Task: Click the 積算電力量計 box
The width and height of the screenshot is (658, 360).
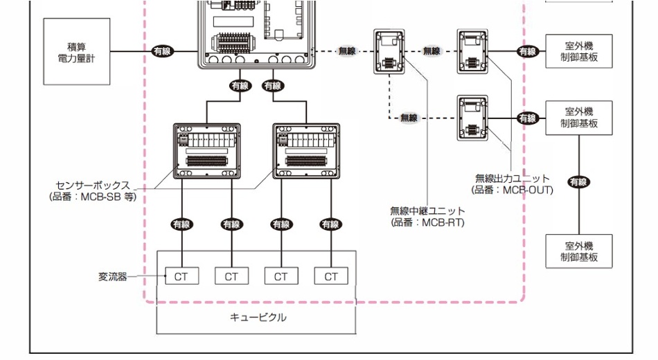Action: (77, 51)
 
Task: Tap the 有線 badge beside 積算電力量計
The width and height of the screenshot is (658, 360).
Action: (163, 51)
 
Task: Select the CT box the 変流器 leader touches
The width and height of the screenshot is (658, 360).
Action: (181, 276)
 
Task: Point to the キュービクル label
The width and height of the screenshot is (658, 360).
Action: (257, 318)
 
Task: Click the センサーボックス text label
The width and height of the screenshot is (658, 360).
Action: (93, 186)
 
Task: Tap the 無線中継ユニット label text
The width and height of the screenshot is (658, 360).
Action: (427, 210)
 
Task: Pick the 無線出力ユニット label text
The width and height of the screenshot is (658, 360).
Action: (512, 179)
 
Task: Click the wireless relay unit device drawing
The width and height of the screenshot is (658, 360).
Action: (388, 52)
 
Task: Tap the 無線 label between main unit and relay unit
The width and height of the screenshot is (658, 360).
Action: (347, 51)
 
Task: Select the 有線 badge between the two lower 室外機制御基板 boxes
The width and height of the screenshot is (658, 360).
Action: (578, 182)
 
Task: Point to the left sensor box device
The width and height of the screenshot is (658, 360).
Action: (206, 151)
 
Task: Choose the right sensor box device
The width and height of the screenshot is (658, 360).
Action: (306, 151)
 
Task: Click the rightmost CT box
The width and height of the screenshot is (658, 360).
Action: (330, 276)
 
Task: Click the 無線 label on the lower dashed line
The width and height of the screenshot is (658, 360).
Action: (409, 118)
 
